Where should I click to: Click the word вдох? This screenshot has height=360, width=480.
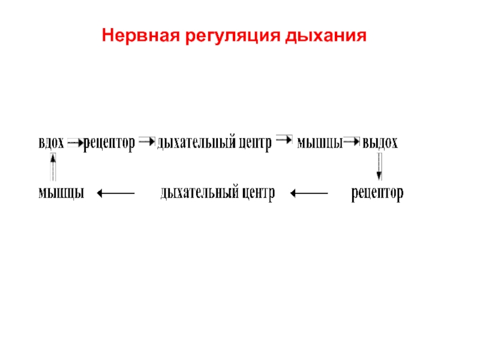click(52, 143)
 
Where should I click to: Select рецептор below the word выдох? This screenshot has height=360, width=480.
click(377, 193)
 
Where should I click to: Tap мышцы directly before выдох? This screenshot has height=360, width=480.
click(320, 143)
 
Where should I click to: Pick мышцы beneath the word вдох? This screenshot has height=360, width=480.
click(60, 193)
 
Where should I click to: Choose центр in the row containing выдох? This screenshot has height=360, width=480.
click(255, 143)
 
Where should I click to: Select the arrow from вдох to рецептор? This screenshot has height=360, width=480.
click(76, 143)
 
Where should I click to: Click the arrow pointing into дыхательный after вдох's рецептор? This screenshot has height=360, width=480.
click(146, 142)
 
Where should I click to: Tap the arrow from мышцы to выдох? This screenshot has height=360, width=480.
click(352, 143)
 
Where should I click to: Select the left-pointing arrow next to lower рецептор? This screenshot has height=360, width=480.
click(308, 193)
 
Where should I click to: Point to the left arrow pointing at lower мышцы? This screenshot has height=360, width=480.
click(116, 193)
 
